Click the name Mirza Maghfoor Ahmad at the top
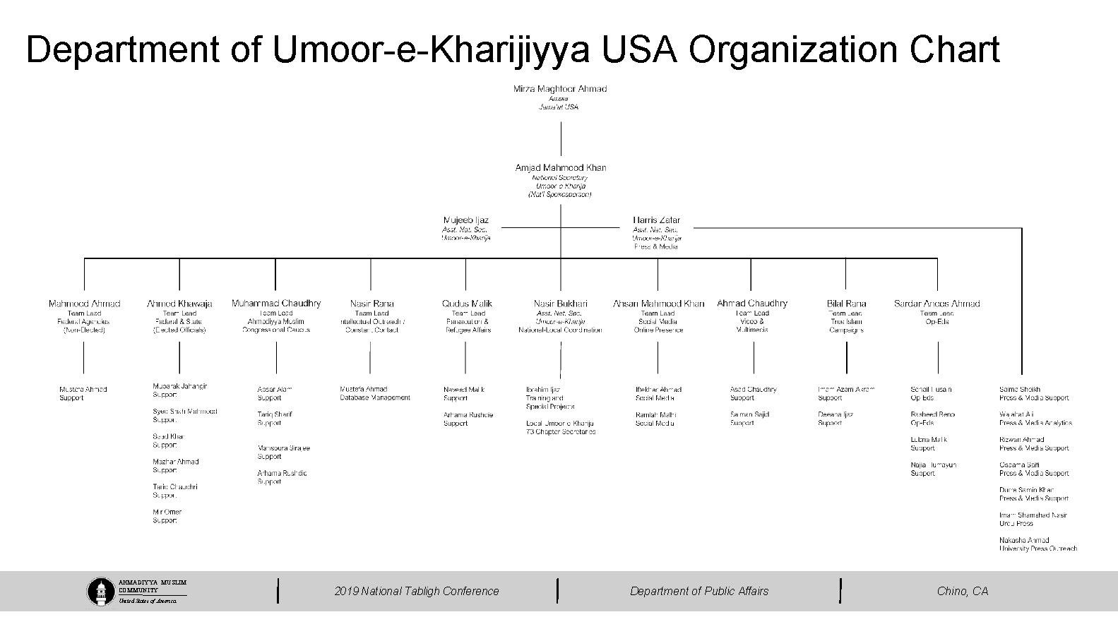click(560, 89)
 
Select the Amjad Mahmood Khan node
click(561, 168)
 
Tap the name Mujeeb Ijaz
click(465, 220)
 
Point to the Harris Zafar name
click(657, 220)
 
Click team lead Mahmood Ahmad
click(84, 304)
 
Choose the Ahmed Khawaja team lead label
click(179, 304)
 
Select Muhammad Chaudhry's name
click(276, 304)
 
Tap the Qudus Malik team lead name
click(467, 304)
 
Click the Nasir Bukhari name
click(560, 304)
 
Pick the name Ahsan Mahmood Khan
click(658, 304)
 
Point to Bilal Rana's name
click(846, 304)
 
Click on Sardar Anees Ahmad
click(936, 304)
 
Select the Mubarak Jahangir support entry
click(180, 386)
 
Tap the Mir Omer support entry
click(167, 512)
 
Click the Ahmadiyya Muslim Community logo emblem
click(101, 592)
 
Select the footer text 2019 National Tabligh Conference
click(417, 591)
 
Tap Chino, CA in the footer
click(963, 591)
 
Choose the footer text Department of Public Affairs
click(699, 591)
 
